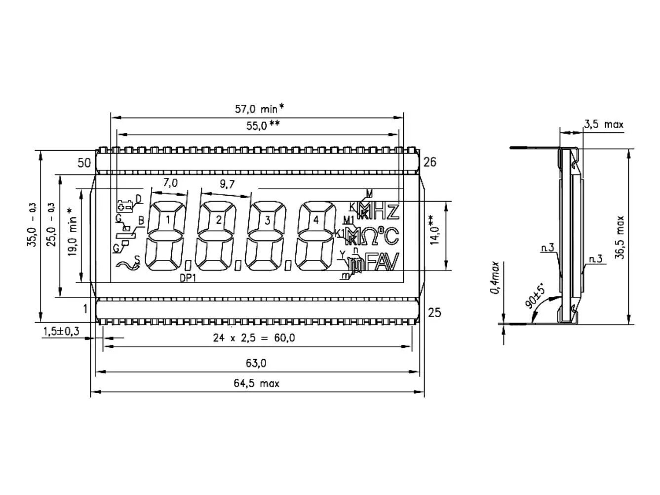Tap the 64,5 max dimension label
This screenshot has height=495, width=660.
256,383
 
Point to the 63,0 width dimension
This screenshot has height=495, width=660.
256,364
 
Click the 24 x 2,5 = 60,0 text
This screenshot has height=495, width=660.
254,338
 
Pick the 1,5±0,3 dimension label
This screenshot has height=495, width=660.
61,331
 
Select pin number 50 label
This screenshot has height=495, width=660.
84,163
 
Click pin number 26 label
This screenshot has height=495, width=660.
429,162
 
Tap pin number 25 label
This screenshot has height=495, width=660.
434,312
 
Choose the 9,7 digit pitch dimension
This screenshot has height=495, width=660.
227,184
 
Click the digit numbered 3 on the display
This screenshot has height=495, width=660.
268,220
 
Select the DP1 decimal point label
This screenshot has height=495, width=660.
188,279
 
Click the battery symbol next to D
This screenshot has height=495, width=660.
124,206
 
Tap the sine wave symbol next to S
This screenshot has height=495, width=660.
127,266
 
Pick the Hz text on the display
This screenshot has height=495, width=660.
387,211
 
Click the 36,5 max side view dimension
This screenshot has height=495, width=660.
620,237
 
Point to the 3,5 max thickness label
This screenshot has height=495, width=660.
603,124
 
